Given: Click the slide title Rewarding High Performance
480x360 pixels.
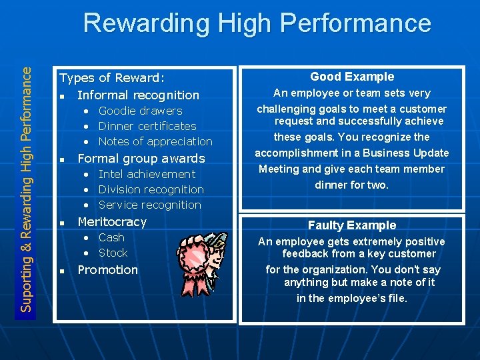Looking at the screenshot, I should click(x=257, y=23).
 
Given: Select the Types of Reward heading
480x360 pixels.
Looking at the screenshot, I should click(x=112, y=79).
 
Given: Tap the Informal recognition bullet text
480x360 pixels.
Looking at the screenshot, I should click(x=138, y=95).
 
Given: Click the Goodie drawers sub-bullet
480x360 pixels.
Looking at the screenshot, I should click(x=140, y=111).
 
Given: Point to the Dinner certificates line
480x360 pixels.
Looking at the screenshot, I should click(x=147, y=126).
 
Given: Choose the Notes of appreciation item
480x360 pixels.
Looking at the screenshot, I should click(x=155, y=141).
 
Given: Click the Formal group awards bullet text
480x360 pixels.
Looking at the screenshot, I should click(x=141, y=159).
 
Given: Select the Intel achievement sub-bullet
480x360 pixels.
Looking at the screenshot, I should click(x=147, y=174).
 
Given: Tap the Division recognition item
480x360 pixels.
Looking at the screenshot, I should click(x=151, y=189).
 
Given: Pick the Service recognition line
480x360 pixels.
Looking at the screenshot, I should click(x=149, y=205).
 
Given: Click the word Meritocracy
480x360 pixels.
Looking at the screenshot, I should click(x=112, y=222).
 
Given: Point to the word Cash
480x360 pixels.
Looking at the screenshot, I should click(x=111, y=237).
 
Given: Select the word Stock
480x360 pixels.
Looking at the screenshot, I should click(x=113, y=253).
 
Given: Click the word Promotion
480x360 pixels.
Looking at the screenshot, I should click(x=107, y=270).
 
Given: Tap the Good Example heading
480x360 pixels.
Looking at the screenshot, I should click(x=352, y=77).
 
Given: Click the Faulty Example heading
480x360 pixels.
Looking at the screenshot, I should click(x=351, y=225).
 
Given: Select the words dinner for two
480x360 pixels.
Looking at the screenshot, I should click(x=351, y=185).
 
